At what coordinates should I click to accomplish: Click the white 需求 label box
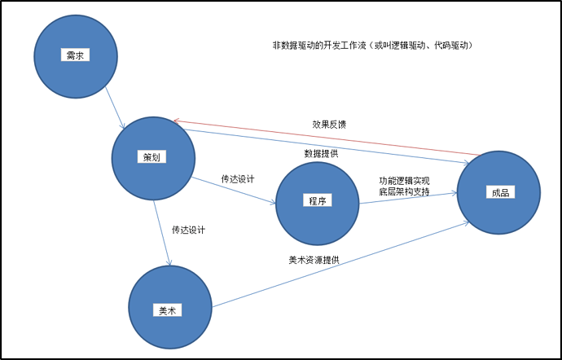coord(75,55)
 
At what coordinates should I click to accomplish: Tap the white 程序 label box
coord(318,200)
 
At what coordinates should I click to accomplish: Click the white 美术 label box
coord(169,310)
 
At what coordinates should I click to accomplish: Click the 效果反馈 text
coord(329,125)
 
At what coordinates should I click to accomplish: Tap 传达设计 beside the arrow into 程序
coord(238,178)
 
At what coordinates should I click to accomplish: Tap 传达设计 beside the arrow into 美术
coord(188,230)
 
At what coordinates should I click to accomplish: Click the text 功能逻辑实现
coord(404,181)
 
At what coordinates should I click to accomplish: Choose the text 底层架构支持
coord(404,192)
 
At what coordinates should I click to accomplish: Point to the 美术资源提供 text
coord(314,260)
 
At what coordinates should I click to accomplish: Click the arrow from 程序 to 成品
coord(407,198)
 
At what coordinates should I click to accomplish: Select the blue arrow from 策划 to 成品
coord(326,147)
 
